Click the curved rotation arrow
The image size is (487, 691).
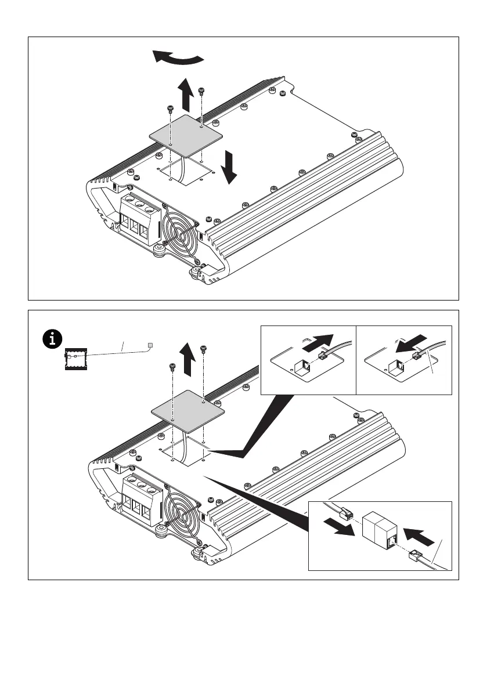(178, 57)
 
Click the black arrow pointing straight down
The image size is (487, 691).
(230, 167)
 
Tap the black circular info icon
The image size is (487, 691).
(54, 338)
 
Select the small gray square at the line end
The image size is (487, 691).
(150, 345)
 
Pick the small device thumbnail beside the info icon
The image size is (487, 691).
(74, 360)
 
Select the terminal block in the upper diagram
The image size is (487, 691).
(139, 217)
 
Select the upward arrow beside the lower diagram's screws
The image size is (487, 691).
(187, 357)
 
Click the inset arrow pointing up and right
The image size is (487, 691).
(319, 343)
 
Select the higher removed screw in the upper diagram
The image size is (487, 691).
(201, 91)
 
